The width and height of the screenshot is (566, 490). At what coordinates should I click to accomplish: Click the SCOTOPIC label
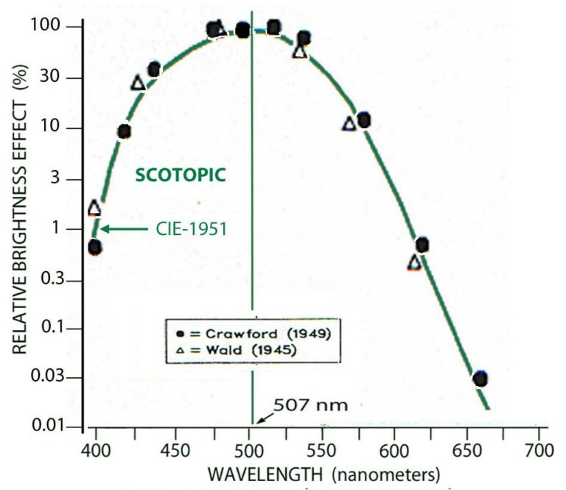point(179,175)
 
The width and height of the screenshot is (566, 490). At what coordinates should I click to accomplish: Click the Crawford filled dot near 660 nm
point(481,379)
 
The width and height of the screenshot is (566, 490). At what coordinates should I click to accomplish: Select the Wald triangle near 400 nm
point(94,209)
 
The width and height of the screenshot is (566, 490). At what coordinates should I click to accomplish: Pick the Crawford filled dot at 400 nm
point(94,248)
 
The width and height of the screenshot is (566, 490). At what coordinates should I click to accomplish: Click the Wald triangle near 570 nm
point(349,124)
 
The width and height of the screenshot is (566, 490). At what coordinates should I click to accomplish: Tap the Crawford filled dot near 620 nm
point(422,245)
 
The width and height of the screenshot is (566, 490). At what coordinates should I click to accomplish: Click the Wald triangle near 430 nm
point(138,83)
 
